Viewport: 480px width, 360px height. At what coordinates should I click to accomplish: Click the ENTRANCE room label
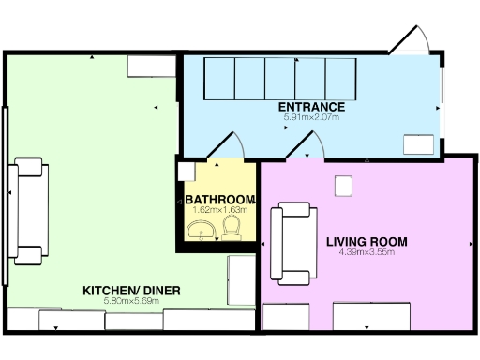coord(311,107)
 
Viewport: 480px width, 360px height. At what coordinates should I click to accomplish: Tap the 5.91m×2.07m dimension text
coord(311,118)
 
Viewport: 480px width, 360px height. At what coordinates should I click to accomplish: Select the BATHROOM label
coord(219,200)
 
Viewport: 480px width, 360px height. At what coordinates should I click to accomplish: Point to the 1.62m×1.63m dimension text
coord(219,210)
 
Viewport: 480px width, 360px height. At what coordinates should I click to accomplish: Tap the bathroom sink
coord(202,230)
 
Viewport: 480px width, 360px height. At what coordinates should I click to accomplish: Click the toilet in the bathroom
coord(235,229)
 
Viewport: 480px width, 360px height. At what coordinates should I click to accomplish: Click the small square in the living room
coord(343,187)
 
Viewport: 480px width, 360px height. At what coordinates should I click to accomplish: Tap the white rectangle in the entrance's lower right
coord(418,142)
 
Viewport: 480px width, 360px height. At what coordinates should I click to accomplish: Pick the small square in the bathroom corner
coord(184,172)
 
